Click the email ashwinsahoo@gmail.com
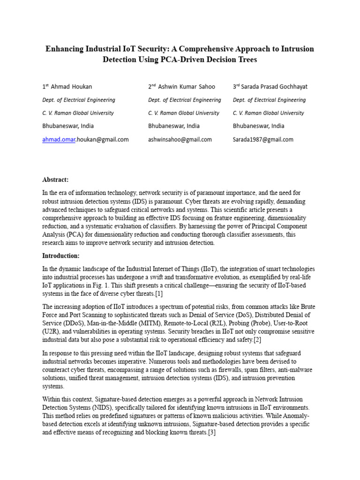pyautogui.click(x=180, y=139)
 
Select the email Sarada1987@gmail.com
pyautogui.click(x=263, y=139)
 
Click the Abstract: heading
pyautogui.click(x=56, y=180)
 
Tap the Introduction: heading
pyautogui.click(x=61, y=255)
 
